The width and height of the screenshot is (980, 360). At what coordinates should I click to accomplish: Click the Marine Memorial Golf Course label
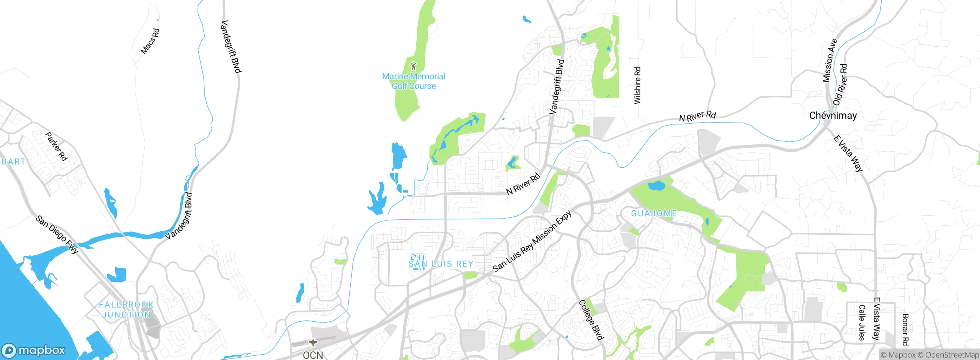tap(414, 81)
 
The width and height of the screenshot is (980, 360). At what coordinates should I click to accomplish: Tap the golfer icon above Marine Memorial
tap(413, 66)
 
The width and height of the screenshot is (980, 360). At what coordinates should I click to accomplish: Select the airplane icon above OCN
tap(313, 343)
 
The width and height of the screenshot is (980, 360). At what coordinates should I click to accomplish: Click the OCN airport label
tap(313, 355)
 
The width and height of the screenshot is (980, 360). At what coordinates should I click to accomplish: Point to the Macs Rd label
tap(150, 41)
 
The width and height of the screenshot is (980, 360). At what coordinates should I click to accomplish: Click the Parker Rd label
tap(56, 146)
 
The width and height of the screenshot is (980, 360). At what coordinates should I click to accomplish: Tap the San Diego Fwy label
tap(57, 234)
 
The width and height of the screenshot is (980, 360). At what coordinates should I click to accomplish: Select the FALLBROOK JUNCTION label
tap(126, 309)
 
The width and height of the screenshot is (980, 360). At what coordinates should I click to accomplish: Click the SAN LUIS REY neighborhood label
tap(441, 264)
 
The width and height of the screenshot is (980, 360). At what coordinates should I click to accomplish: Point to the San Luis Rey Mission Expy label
tap(532, 241)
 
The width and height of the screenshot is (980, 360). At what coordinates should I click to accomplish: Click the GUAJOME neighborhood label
tap(654, 213)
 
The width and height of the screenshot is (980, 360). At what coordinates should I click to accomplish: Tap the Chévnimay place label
tap(833, 116)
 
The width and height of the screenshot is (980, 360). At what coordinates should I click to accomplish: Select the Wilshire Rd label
tap(637, 85)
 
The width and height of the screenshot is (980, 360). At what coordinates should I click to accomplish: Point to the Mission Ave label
tap(830, 61)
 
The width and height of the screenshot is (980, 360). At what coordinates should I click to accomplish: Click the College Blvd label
tap(591, 320)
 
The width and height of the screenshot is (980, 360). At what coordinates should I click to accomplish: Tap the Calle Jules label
tap(862, 322)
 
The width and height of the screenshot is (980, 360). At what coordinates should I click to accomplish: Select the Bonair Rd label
tap(905, 329)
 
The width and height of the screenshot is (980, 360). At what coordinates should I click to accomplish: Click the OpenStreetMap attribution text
tap(952, 355)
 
